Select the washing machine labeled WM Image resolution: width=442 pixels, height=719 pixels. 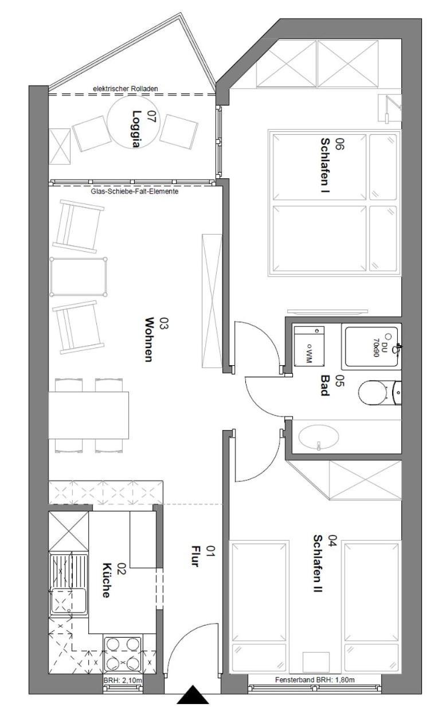pyautogui.click(x=309, y=345)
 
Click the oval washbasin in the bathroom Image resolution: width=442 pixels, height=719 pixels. pyautogui.click(x=318, y=437)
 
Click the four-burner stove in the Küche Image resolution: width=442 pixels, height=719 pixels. pyautogui.click(x=123, y=654)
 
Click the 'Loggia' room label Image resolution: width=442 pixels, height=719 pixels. pyautogui.click(x=137, y=129)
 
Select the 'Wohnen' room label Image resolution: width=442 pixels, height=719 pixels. pyautogui.click(x=148, y=340)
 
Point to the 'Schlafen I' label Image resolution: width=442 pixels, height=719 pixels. pyautogui.click(x=326, y=166)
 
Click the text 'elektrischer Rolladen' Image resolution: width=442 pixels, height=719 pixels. pyautogui.click(x=125, y=89)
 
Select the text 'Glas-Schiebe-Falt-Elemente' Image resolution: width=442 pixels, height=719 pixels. pyautogui.click(x=135, y=192)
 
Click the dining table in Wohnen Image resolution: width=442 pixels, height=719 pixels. pyautogui.click(x=89, y=415)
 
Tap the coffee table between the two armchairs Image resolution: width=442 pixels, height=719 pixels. pyautogui.click(x=79, y=276)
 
